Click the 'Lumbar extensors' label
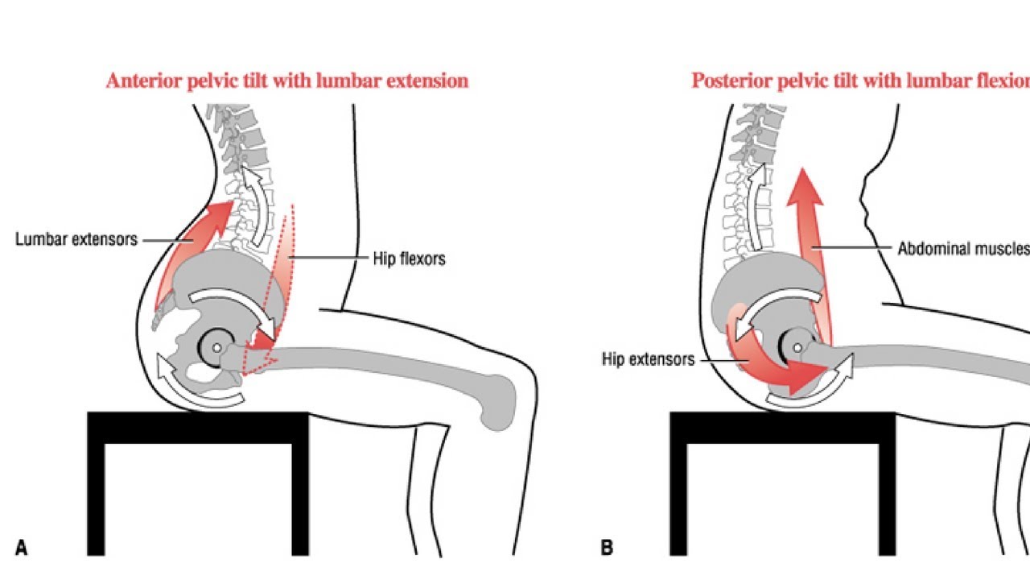tap(76, 239)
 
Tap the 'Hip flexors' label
tap(410, 259)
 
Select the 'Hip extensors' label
tap(648, 360)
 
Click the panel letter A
tap(22, 549)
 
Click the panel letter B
tap(607, 549)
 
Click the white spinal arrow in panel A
tap(259, 205)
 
